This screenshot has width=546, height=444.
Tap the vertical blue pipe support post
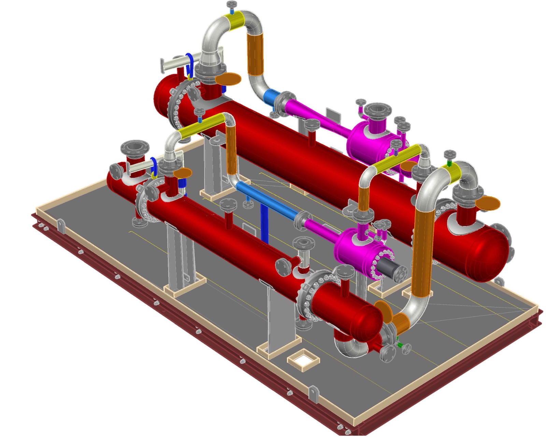(x=264, y=224)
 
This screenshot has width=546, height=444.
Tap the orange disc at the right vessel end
(x=487, y=204)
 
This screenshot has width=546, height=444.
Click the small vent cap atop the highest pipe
(x=232, y=5)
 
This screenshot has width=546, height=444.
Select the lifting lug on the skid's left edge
(x=61, y=225)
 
